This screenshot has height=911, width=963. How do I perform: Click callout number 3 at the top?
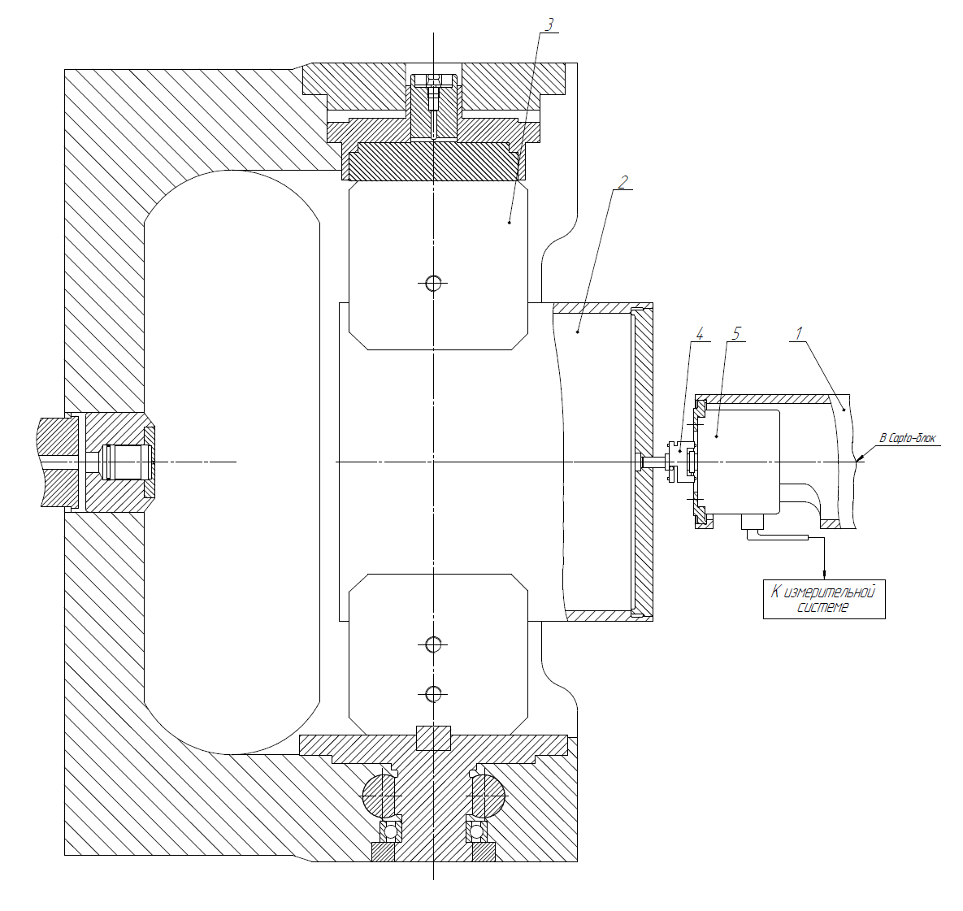(x=549, y=24)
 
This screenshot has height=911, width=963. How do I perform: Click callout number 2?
(x=623, y=182)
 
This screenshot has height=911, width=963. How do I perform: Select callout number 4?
(x=699, y=333)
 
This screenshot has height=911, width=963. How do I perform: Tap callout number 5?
(x=736, y=333)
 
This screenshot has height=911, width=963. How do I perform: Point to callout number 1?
(x=799, y=333)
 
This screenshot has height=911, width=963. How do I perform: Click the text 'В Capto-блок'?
(x=908, y=438)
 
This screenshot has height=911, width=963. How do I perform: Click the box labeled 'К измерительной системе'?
(x=824, y=599)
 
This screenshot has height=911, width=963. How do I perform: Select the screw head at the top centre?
(x=434, y=80)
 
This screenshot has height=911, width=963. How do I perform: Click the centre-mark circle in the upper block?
(x=434, y=283)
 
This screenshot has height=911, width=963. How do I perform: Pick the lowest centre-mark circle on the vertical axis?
(x=434, y=694)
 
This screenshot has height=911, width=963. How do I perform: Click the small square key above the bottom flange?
(x=434, y=739)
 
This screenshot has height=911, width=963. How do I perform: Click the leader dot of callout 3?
(x=510, y=222)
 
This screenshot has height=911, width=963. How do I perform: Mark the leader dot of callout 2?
(x=577, y=332)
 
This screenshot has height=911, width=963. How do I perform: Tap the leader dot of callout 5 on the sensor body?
(x=717, y=436)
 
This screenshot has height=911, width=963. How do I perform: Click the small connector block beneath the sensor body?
(x=753, y=522)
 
